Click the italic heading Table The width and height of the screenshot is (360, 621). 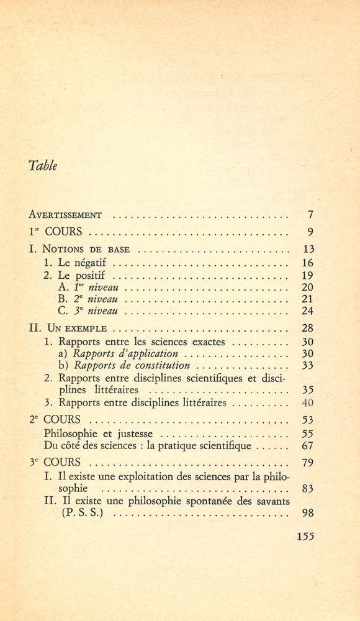43,166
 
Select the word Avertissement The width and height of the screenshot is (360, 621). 65,215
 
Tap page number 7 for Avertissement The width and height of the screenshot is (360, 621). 310,215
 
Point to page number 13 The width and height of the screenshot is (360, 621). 307,250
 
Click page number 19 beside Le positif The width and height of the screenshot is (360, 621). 307,275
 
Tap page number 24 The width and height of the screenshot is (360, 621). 307,311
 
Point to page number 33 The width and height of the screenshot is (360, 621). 307,365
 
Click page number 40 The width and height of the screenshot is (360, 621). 307,403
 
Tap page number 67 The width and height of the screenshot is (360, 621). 307,446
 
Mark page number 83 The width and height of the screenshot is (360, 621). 307,488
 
